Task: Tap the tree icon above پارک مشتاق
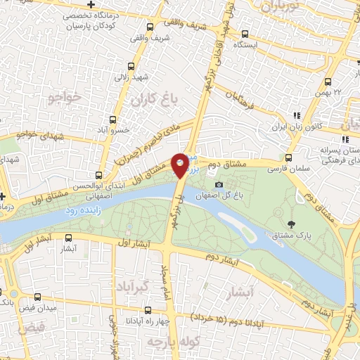tap(290, 224)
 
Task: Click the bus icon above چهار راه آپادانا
tap(147, 309)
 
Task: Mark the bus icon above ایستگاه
tap(245, 33)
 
